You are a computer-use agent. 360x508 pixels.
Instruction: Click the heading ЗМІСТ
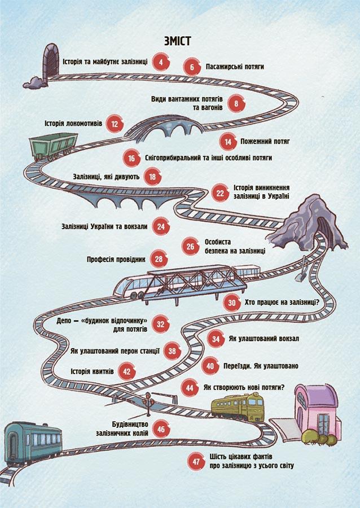click(177, 41)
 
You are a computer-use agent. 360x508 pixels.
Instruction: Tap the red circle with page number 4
click(161, 62)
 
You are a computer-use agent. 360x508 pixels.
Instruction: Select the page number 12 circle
click(115, 124)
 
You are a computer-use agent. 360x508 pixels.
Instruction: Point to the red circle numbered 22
click(220, 193)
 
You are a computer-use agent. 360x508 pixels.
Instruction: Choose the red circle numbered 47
click(196, 461)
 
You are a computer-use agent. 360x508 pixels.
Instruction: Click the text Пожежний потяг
click(265, 141)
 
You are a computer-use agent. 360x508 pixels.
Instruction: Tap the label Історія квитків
click(93, 371)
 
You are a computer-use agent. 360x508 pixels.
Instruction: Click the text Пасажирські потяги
click(235, 67)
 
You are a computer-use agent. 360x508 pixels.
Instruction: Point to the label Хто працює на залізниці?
click(282, 303)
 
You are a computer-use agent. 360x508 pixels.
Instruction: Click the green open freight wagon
click(54, 147)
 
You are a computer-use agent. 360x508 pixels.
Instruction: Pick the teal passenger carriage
click(33, 443)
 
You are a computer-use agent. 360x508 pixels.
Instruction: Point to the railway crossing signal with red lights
click(148, 404)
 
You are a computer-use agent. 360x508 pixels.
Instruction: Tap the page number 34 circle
click(216, 339)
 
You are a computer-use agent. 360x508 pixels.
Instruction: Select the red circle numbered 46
click(161, 429)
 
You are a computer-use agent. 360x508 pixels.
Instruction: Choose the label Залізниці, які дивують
click(106, 177)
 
